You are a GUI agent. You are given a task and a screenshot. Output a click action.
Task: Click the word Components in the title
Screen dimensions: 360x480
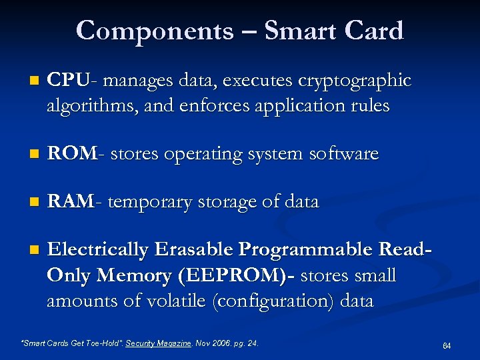[155, 31]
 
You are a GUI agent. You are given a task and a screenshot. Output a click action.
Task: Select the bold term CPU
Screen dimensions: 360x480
[67, 81]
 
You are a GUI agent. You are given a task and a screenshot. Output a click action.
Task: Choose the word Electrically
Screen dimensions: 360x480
[98, 249]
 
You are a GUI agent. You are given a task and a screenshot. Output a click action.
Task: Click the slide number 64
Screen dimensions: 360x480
[446, 345]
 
